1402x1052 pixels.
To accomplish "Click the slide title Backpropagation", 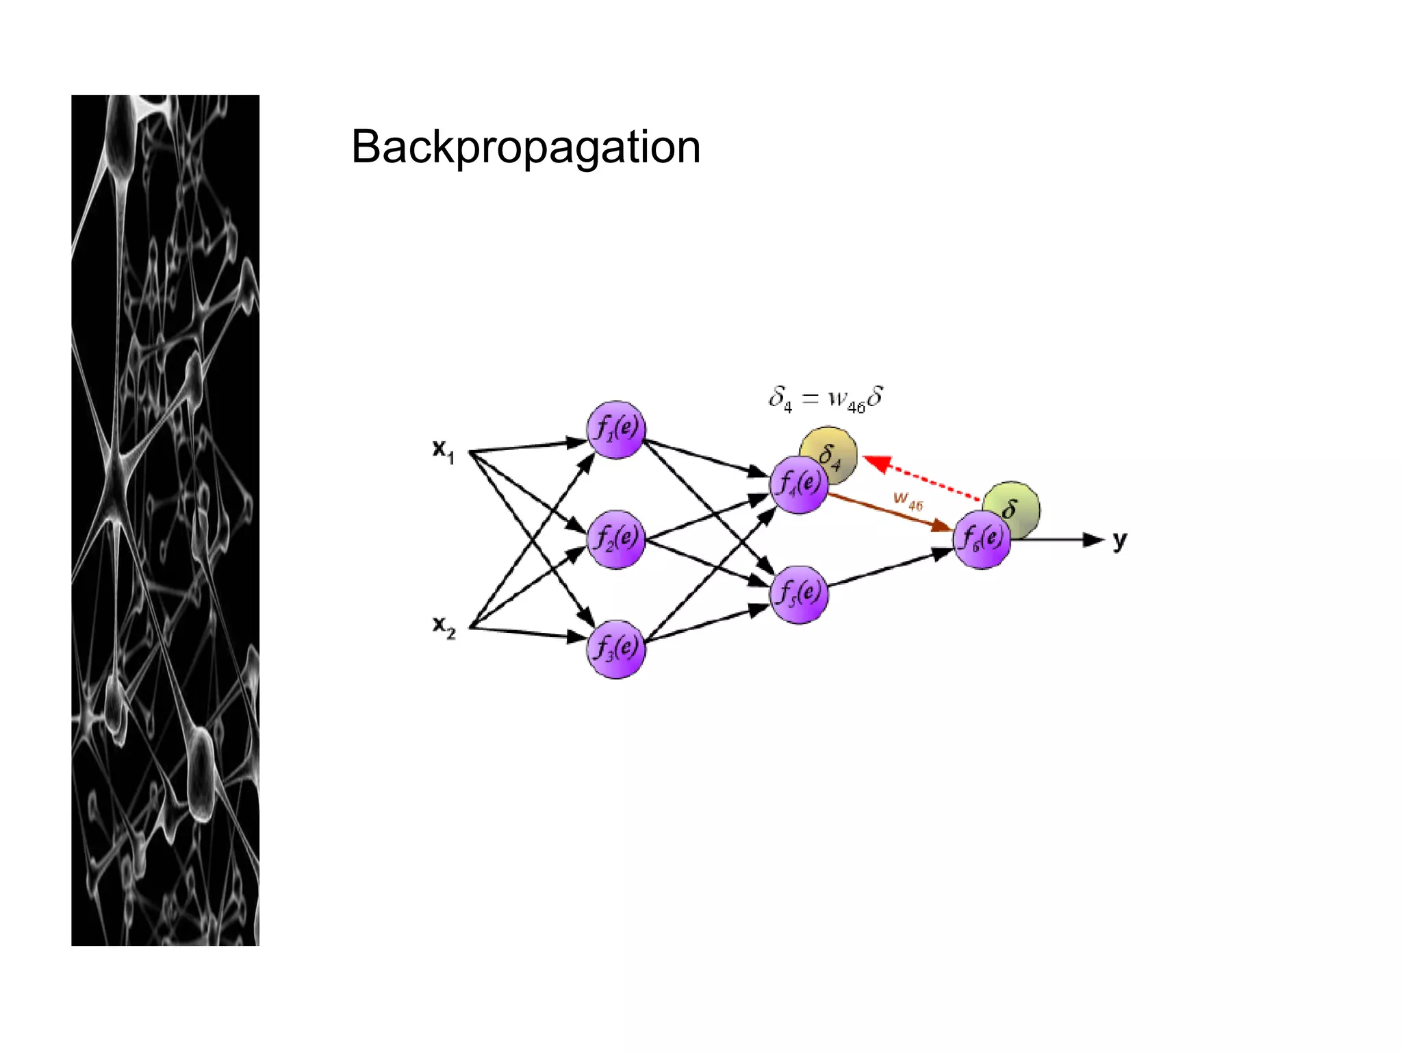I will tap(525, 147).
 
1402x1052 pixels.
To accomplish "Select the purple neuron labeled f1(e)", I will tap(615, 430).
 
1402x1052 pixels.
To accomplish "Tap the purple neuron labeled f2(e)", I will tap(615, 539).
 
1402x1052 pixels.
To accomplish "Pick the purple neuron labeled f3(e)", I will tap(615, 649).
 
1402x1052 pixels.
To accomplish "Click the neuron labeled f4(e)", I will tap(799, 485).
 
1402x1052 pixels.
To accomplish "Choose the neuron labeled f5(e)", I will tap(799, 594).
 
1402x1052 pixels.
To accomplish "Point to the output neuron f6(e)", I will tap(982, 540).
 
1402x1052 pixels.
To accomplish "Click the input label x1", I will tap(444, 451).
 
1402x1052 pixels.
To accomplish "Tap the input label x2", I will tap(444, 627).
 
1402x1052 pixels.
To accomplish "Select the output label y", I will tap(1119, 541).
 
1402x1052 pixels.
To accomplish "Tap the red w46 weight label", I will tap(908, 501).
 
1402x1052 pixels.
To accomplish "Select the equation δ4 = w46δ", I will tap(826, 399).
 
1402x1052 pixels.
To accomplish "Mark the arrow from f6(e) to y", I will tap(1058, 540).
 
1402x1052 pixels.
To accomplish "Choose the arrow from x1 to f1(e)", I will tap(527, 447).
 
